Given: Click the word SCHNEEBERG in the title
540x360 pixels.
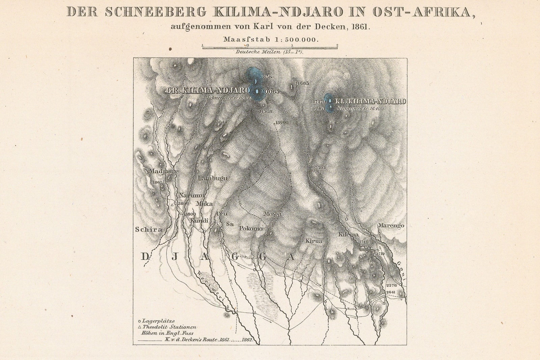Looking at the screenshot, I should pos(156,12).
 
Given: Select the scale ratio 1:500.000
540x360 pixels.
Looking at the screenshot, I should pos(297,40).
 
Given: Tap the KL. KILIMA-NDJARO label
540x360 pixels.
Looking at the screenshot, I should pos(370,101).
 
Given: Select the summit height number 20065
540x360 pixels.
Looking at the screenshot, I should pos(270,92).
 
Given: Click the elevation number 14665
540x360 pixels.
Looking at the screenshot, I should pos(302,83).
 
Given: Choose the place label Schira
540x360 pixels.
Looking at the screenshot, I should pos(148,230).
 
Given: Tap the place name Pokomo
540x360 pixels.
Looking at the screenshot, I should pos(251,229).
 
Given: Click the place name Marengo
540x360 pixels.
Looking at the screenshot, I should pos(391,225).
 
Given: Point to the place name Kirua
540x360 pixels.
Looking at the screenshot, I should pos(314,241).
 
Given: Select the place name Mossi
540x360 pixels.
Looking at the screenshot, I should pos(273,214).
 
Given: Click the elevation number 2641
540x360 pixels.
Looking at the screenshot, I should pos(391,292).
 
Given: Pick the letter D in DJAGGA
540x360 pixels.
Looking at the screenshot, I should pos(145,257).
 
